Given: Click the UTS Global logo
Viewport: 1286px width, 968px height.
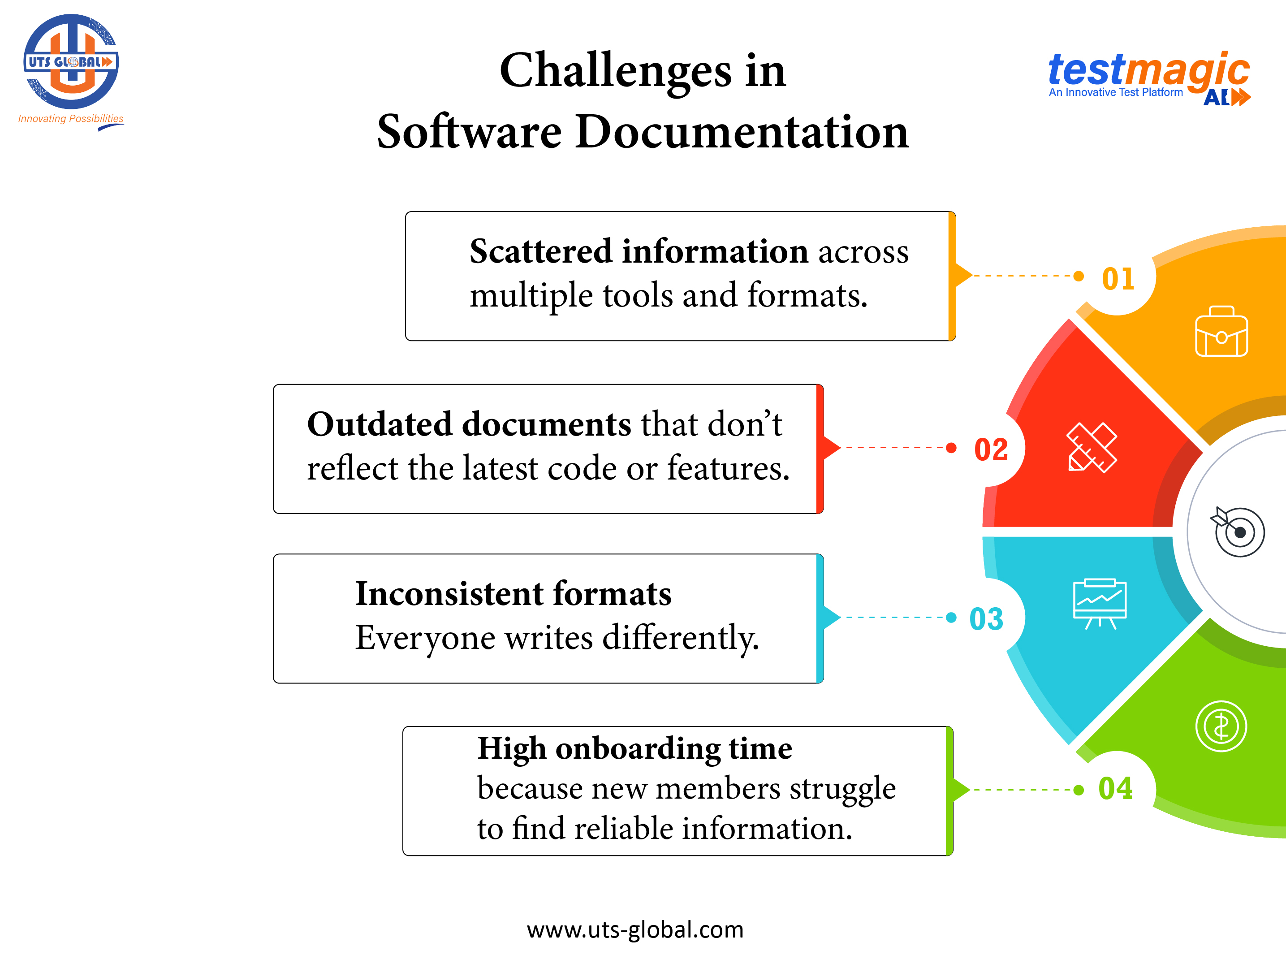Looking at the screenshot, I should pos(71,62).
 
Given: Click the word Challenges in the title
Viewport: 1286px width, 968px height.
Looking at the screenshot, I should pos(615,71).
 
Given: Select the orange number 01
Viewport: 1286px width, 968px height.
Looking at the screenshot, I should pos(1118,279).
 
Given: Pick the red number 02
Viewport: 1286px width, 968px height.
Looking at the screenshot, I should pos(991,449).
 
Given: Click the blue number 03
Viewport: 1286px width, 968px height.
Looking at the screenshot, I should pos(986,618).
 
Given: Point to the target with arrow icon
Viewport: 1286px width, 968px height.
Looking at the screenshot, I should pos(1238,531).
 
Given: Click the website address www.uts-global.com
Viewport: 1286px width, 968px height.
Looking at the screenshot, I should pos(635,929).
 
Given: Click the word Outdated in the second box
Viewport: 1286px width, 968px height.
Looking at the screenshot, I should pos(379,424).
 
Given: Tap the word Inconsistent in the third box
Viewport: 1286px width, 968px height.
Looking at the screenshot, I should pos(449,594).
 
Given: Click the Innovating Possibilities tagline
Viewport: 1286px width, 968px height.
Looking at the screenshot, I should pos(70,119).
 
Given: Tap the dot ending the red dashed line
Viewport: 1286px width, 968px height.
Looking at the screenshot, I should pos(951,448).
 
